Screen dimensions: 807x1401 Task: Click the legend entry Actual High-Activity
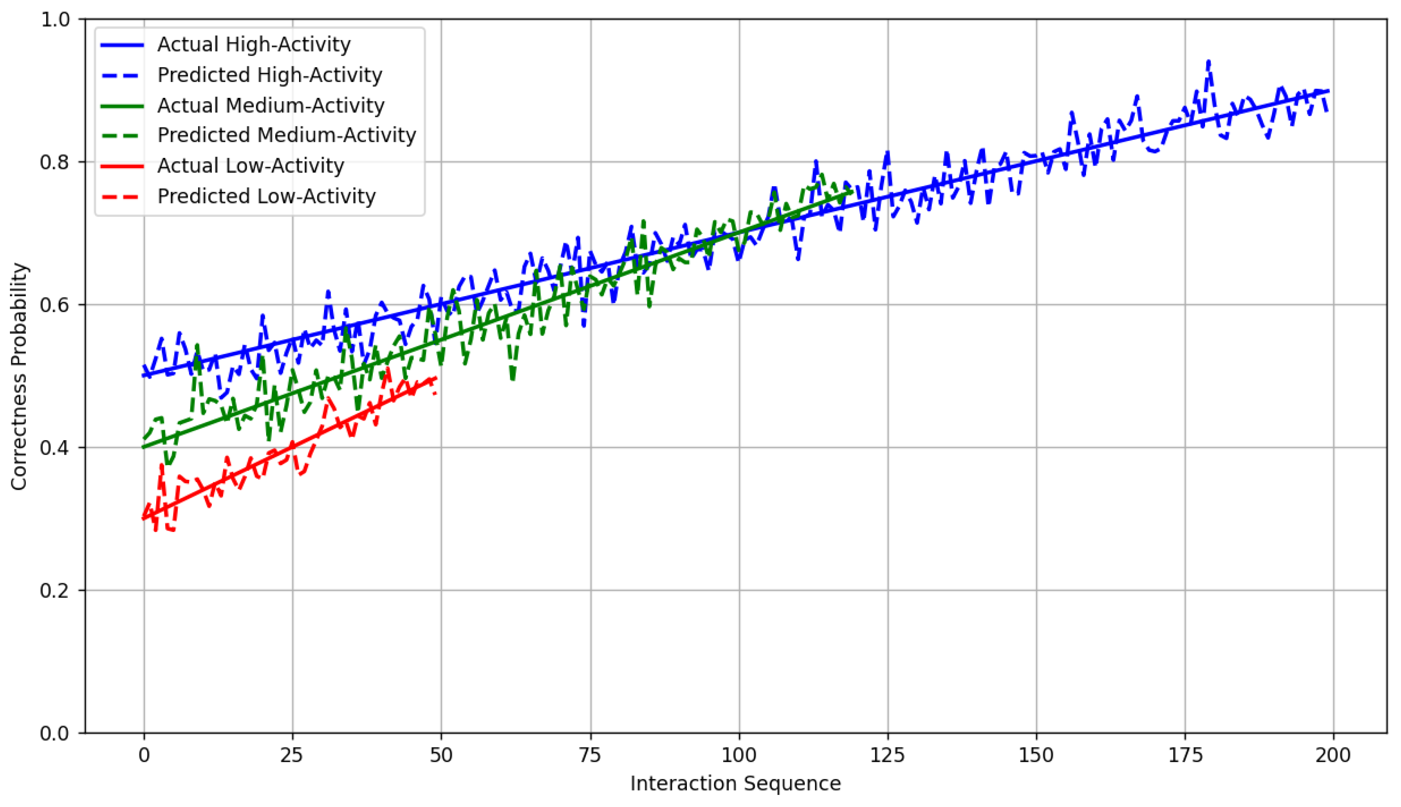pyautogui.click(x=253, y=44)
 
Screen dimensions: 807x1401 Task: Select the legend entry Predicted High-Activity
pyautogui.click(x=270, y=75)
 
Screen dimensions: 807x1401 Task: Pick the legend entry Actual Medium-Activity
pyautogui.click(x=271, y=105)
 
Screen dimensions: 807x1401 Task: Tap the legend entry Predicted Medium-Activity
pyautogui.click(x=286, y=135)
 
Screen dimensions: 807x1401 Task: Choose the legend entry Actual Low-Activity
pyautogui.click(x=250, y=166)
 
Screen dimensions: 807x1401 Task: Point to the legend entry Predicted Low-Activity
pyautogui.click(x=266, y=196)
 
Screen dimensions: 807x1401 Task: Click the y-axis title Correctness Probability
pyautogui.click(x=19, y=376)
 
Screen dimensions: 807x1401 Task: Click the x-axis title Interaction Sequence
pyautogui.click(x=735, y=783)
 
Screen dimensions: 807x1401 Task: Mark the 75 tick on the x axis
pyautogui.click(x=591, y=755)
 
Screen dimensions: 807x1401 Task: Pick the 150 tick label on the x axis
pyautogui.click(x=1036, y=755)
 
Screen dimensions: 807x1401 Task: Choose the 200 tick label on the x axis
pyautogui.click(x=1333, y=755)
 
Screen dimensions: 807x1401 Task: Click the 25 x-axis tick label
pyautogui.click(x=292, y=755)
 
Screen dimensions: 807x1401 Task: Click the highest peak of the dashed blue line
pyautogui.click(x=1209, y=62)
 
